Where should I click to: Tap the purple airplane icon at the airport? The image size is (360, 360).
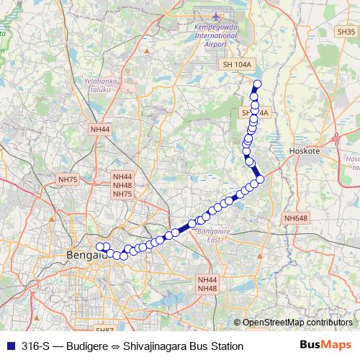point(217,17)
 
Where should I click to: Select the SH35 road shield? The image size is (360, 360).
point(346,52)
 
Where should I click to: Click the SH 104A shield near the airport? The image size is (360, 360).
point(237,66)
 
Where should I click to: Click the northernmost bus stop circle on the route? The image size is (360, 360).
point(257,84)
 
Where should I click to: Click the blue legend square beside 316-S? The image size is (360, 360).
point(9,346)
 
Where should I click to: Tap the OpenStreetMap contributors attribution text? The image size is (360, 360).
point(297,323)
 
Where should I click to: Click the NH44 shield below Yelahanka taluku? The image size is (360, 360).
point(100,129)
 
